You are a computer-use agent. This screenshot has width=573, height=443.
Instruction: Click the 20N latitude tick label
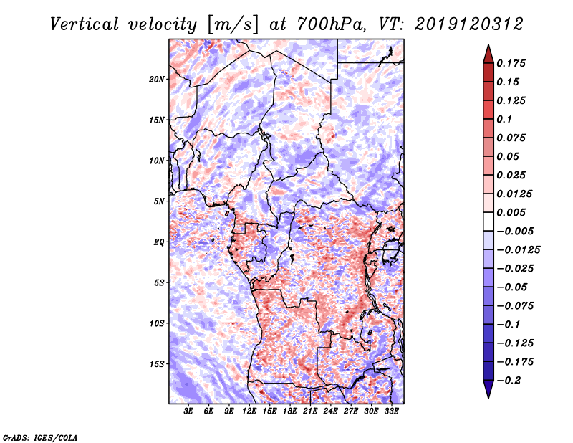(x=157, y=80)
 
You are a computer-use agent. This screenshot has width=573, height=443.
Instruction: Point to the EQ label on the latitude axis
(x=159, y=242)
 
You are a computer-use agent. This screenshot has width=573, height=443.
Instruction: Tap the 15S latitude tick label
(x=157, y=364)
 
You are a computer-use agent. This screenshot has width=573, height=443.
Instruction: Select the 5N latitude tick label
(x=159, y=201)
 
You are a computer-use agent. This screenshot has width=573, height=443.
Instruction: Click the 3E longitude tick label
(x=188, y=411)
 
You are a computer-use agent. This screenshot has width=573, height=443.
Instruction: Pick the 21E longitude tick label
(x=310, y=411)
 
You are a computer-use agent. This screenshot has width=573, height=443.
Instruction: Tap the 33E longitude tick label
(x=391, y=411)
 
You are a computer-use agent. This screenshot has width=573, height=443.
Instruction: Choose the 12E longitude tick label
(x=249, y=411)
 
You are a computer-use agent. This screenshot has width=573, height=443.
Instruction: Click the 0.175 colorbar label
(x=511, y=64)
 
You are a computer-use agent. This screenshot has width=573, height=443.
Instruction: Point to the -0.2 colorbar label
(x=509, y=381)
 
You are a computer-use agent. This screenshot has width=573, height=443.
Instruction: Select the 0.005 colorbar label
(x=511, y=213)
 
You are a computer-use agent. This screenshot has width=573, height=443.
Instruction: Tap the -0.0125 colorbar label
(x=518, y=250)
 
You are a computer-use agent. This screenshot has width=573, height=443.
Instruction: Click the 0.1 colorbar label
(x=504, y=120)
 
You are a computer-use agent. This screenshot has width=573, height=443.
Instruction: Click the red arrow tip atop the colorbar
(x=488, y=45)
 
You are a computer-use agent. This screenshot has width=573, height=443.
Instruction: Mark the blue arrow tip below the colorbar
(x=488, y=398)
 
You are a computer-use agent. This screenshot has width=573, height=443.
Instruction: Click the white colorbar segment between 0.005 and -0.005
(x=488, y=221)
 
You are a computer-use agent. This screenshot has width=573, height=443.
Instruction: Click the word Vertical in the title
(x=85, y=25)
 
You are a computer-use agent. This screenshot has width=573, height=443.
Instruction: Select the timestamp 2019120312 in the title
(x=469, y=24)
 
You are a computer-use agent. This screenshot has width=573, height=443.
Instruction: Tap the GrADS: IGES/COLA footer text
(x=40, y=438)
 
